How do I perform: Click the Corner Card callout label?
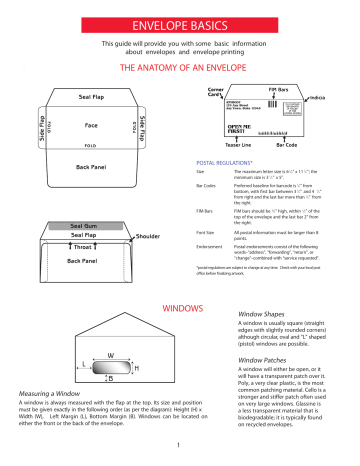pos(214,92)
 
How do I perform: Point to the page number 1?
pos(180,443)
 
